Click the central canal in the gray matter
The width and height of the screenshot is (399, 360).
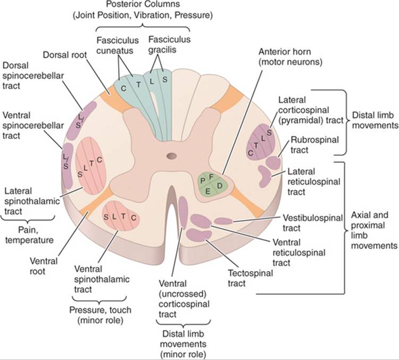point(172,156)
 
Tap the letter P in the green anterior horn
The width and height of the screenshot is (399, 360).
point(203,181)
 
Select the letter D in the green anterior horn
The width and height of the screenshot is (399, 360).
point(220,186)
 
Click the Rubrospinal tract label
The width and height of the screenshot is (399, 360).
point(314,145)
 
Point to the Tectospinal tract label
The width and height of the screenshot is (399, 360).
point(250,278)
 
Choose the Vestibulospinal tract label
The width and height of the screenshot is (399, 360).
point(313,223)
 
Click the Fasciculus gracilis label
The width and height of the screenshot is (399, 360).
point(170,44)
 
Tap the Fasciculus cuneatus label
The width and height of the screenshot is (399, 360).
point(118,45)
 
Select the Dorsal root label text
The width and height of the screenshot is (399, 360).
point(65,55)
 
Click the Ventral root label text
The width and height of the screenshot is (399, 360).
point(44,266)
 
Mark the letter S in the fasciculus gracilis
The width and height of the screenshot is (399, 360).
point(165,79)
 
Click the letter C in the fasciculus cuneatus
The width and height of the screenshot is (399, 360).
point(123,88)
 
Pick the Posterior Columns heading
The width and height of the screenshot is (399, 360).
point(143,10)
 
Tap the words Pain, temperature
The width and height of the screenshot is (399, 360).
point(29,235)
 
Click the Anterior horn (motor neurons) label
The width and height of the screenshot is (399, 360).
point(290,57)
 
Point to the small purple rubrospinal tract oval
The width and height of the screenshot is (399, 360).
point(273,163)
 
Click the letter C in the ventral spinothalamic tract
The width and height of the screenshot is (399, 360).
point(134,218)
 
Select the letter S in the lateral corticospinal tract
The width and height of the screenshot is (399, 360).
point(269,133)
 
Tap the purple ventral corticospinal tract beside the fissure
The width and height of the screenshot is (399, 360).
point(182,212)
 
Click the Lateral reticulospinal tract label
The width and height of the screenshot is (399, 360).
point(314,182)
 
